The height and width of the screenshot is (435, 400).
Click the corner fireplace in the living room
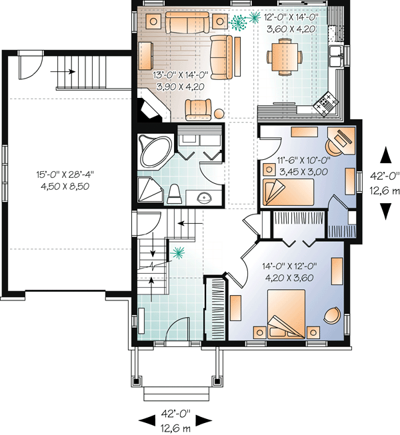pos(150,108)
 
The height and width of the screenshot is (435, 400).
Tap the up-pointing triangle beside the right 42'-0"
pos(385,155)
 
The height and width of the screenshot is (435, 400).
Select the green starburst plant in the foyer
pos(177,252)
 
